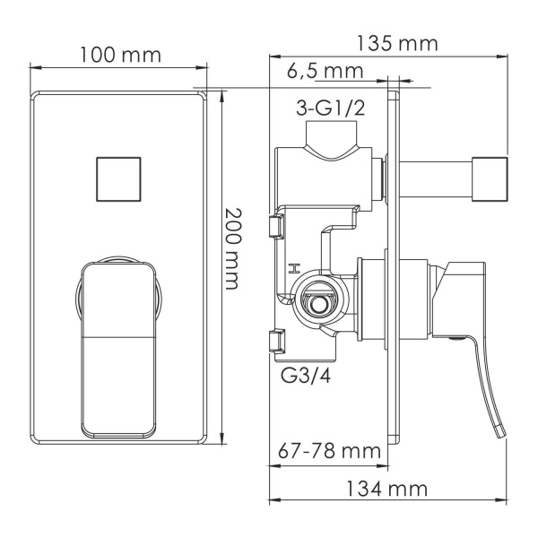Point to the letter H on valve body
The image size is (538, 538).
point(291,268)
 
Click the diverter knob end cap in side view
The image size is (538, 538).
point(492,176)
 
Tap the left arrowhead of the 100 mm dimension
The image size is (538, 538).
point(36,66)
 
